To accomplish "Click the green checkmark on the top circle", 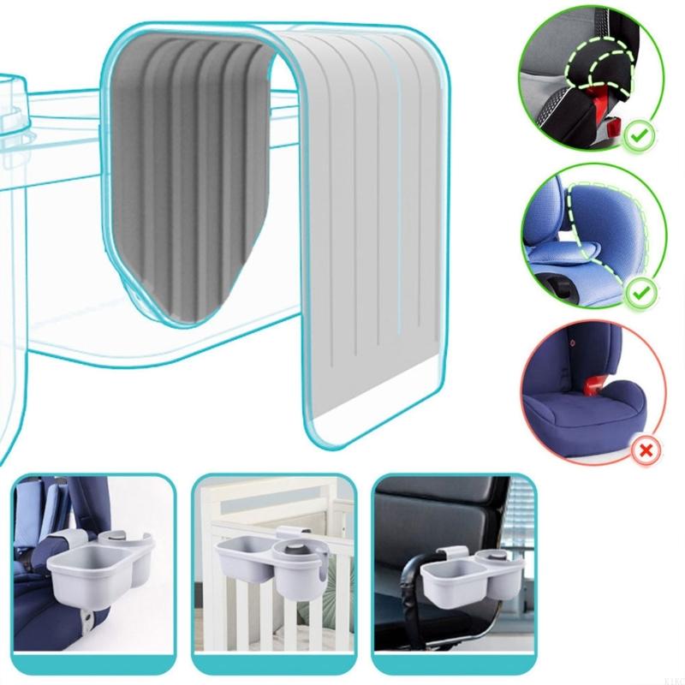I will point(636,135).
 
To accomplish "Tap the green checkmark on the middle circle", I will point(636,294).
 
